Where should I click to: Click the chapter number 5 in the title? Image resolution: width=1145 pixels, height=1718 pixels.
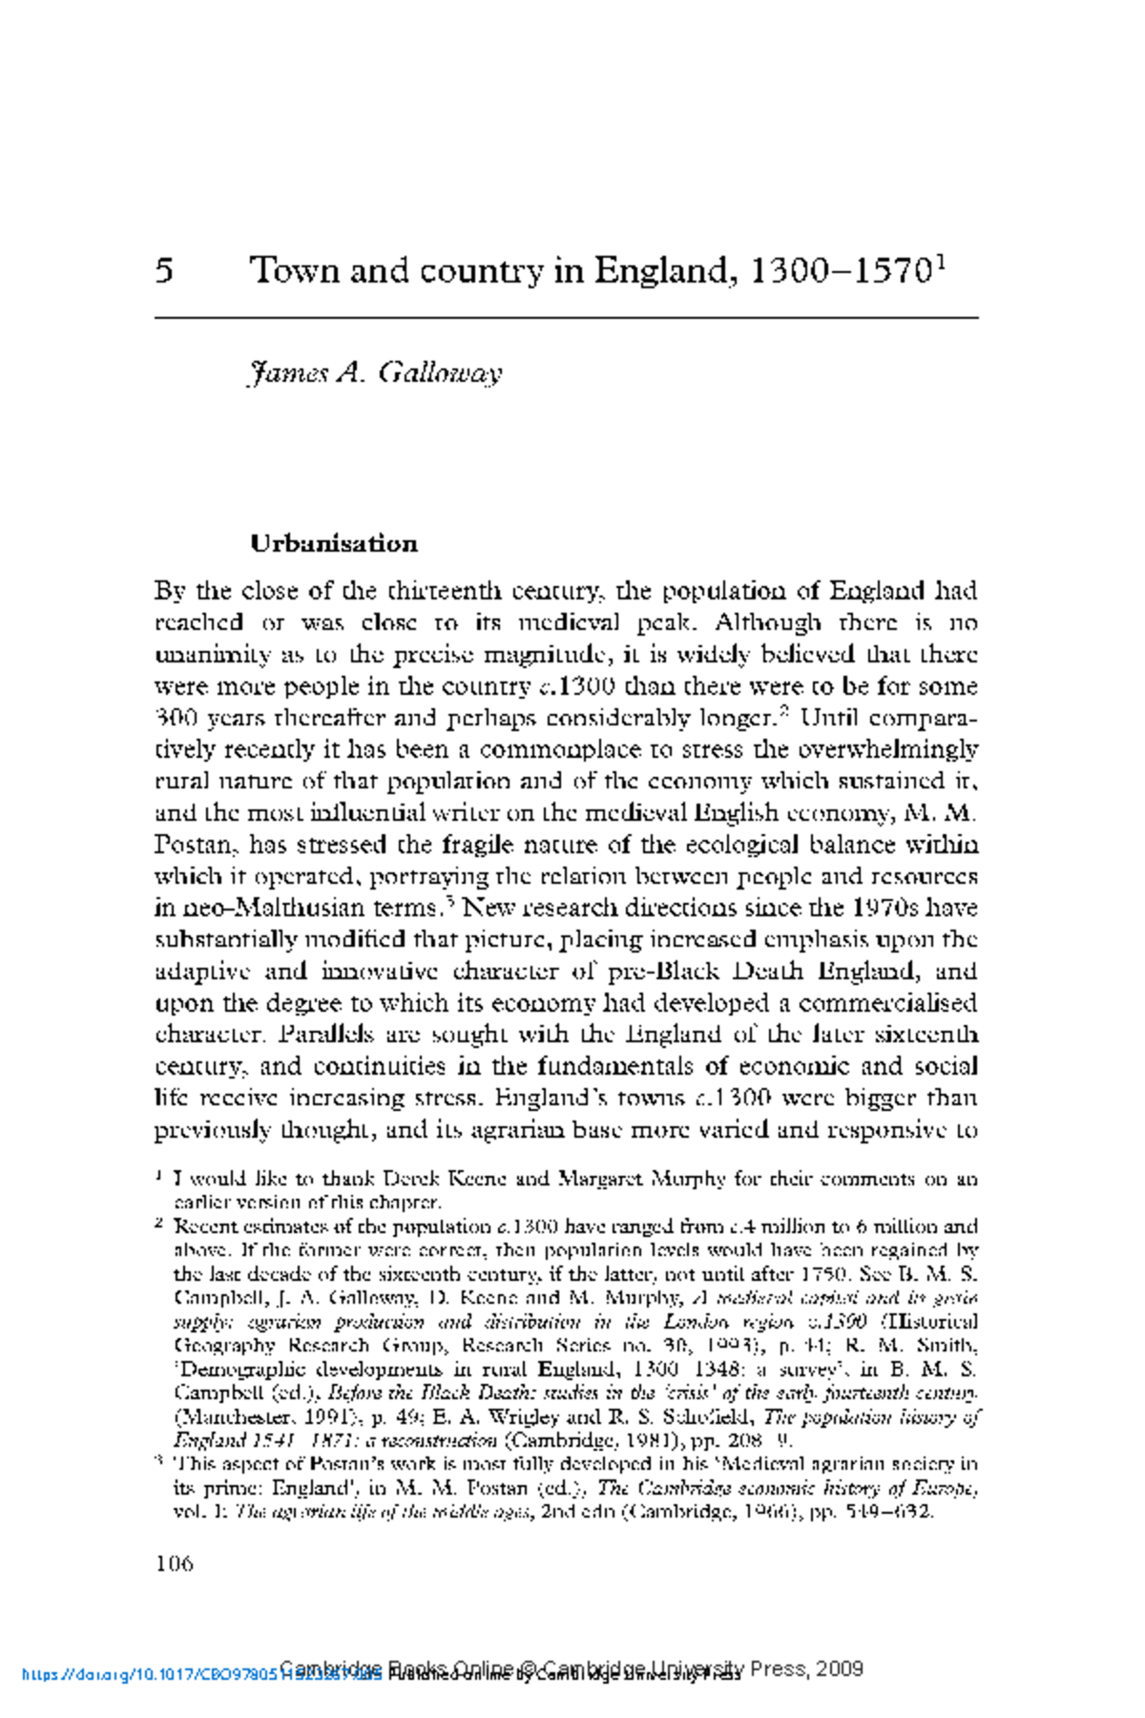pyautogui.click(x=164, y=271)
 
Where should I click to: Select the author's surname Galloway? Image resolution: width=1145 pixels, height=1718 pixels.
pyautogui.click(x=439, y=372)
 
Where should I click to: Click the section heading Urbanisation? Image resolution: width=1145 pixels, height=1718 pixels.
pyautogui.click(x=334, y=544)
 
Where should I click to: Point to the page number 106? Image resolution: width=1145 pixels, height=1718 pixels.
pyautogui.click(x=174, y=1563)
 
